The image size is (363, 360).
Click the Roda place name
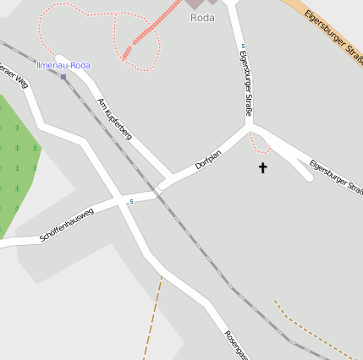tap(202, 18)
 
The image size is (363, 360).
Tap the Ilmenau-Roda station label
tap(63, 65)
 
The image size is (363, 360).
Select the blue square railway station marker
tap(63, 76)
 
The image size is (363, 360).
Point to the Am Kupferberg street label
tap(115, 118)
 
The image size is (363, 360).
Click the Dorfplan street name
tap(208, 159)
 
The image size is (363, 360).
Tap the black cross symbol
tap(262, 168)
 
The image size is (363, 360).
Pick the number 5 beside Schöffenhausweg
tap(131, 201)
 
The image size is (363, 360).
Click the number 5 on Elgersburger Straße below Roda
tap(243, 46)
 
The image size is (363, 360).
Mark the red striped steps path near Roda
tap(140, 40)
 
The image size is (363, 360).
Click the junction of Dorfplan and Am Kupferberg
tap(163, 185)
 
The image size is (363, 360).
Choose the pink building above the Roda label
tap(195, 3)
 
